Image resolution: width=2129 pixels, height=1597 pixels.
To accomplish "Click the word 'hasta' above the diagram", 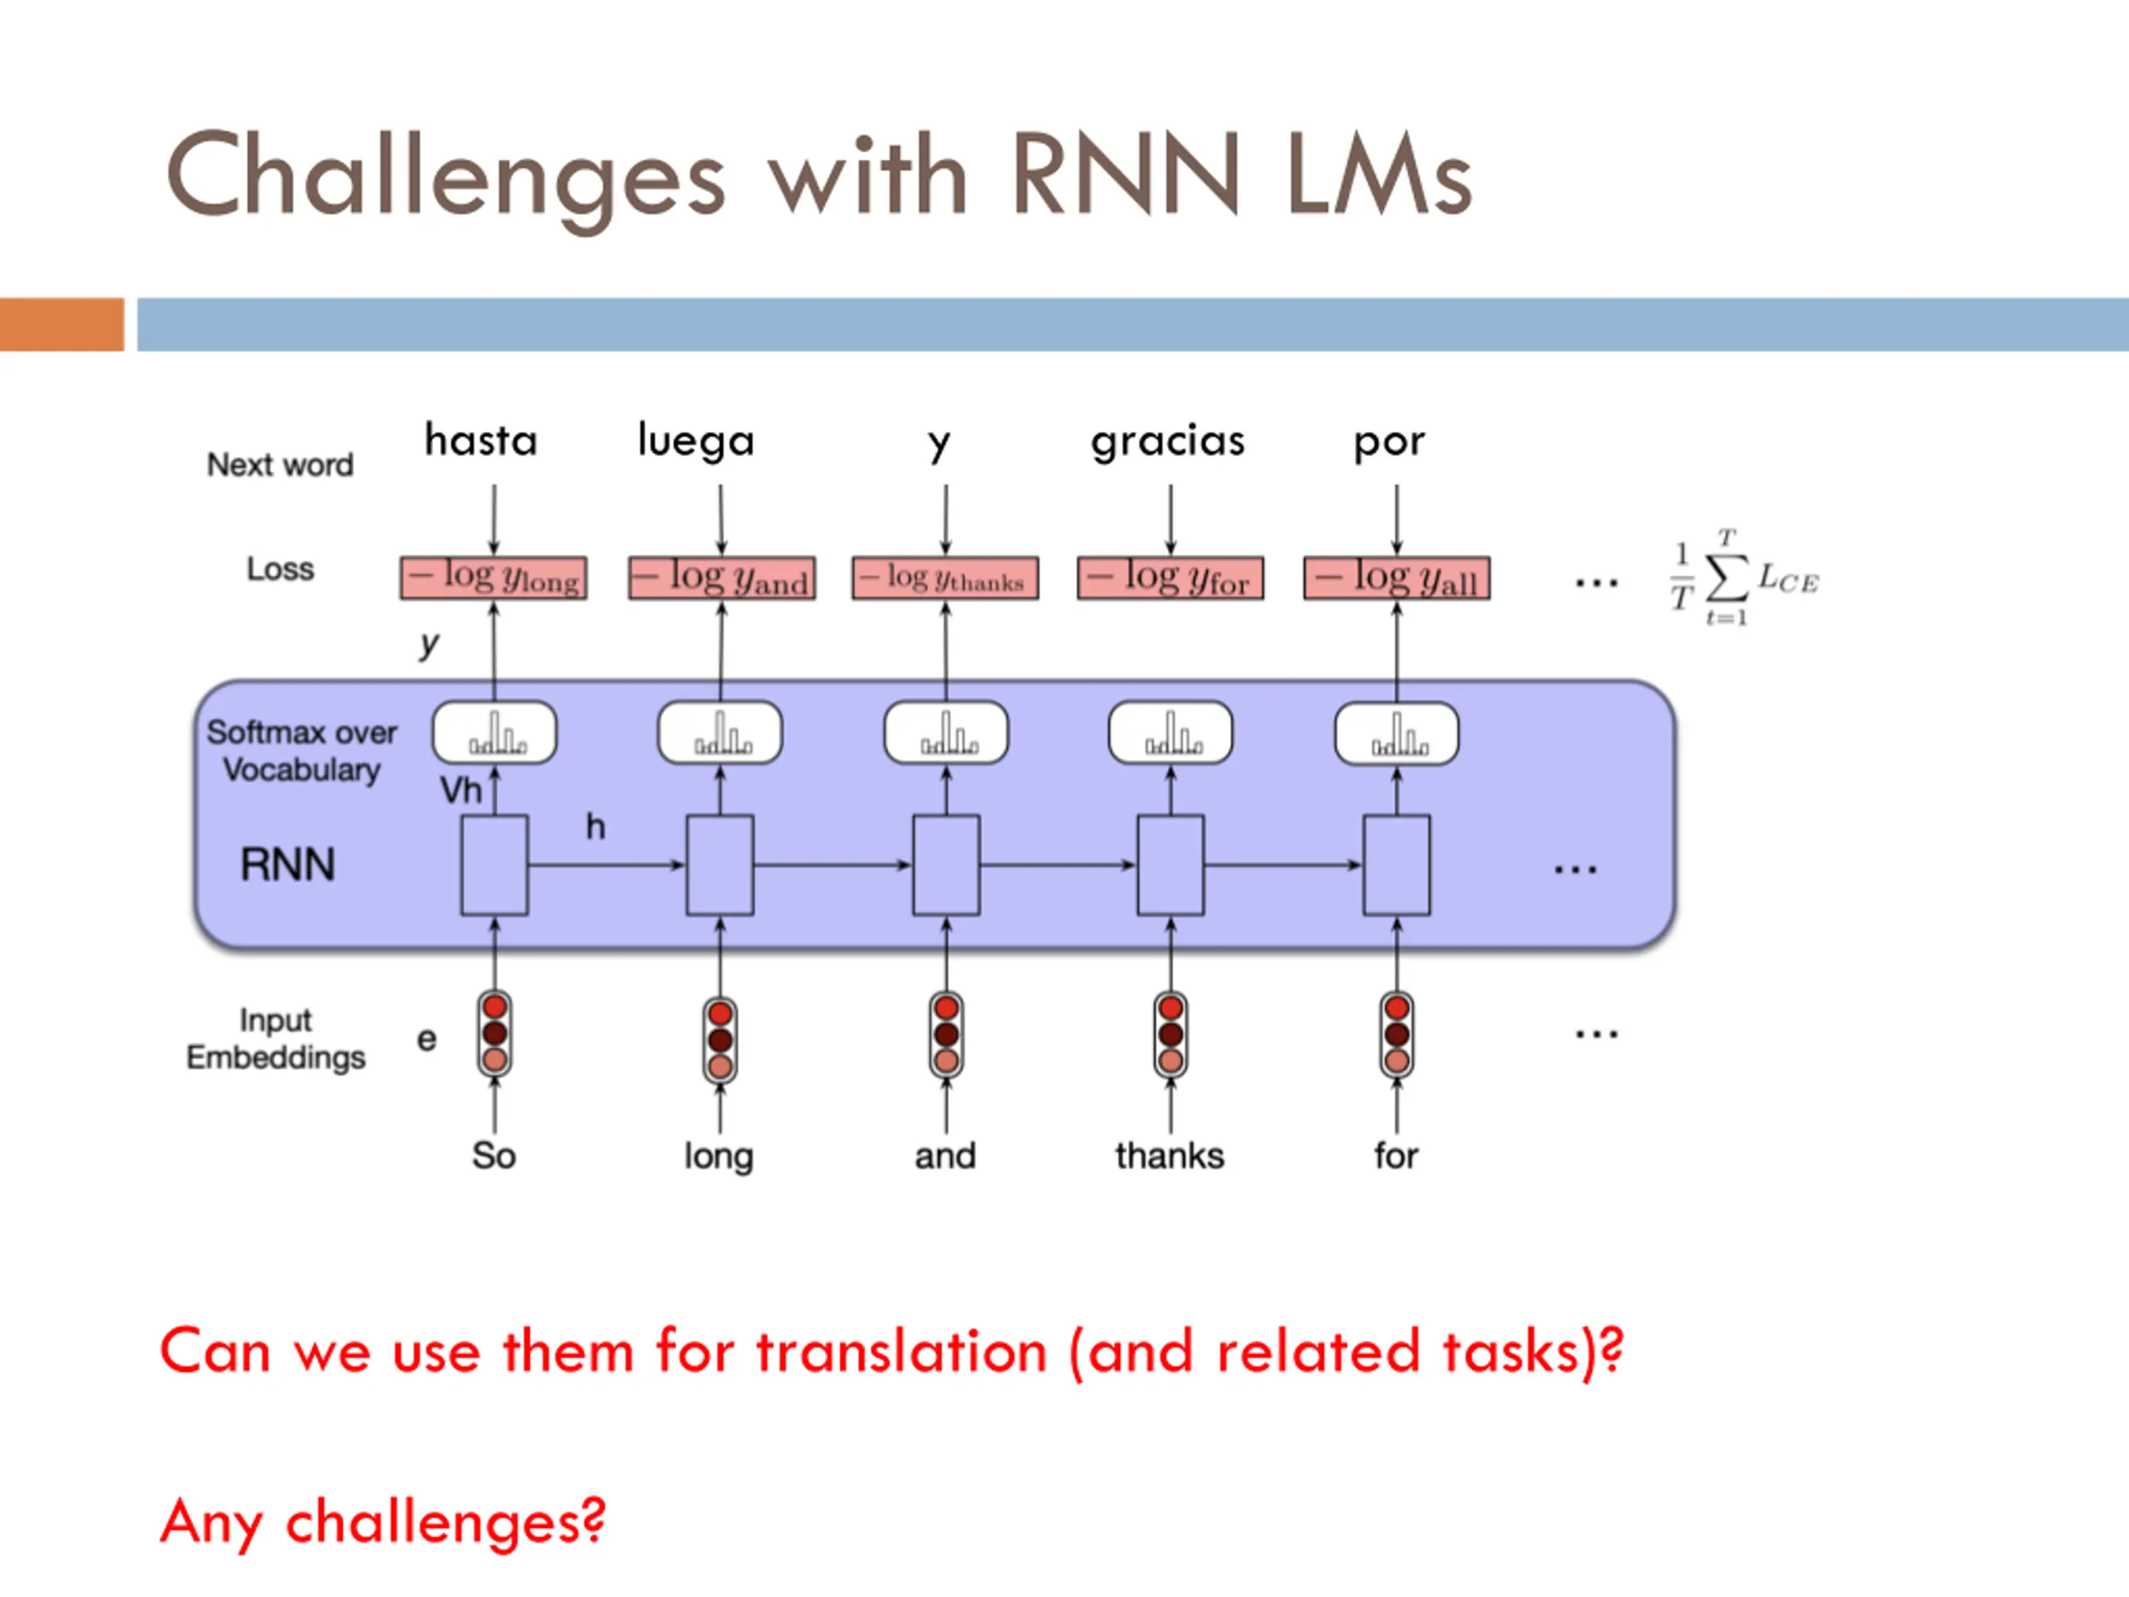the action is tap(482, 440).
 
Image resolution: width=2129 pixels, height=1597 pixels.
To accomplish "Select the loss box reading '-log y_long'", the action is tap(494, 577).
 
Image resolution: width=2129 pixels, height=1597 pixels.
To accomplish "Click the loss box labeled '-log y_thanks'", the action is tap(945, 577).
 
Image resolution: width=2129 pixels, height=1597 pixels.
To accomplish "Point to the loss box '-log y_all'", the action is tap(1396, 577).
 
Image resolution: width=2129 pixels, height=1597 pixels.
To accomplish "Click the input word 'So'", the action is tap(494, 1155).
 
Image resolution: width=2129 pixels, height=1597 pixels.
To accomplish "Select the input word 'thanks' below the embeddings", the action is tap(1169, 1155).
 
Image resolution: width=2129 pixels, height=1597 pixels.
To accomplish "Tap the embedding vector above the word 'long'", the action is tap(720, 1040).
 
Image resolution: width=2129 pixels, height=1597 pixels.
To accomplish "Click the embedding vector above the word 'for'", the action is tap(1396, 1034).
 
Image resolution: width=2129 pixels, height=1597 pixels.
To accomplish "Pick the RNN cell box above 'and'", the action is tap(946, 864).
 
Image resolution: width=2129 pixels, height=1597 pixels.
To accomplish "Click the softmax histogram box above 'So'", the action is tap(495, 733).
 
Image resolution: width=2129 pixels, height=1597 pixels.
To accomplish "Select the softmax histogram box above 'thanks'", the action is tap(1170, 733).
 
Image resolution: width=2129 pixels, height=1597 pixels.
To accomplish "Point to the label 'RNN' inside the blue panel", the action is tap(288, 864).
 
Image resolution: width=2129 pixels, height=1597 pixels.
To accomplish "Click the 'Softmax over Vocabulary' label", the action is tap(301, 751).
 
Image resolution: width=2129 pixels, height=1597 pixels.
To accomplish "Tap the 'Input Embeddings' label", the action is tap(275, 1039).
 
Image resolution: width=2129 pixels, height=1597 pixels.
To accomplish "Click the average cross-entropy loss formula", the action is tap(1743, 577).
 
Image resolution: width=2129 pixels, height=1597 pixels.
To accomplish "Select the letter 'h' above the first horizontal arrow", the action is tap(595, 826).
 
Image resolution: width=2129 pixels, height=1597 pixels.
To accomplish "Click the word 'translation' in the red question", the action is tap(901, 1351).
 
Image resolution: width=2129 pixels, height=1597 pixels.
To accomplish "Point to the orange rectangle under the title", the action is tap(62, 324).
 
